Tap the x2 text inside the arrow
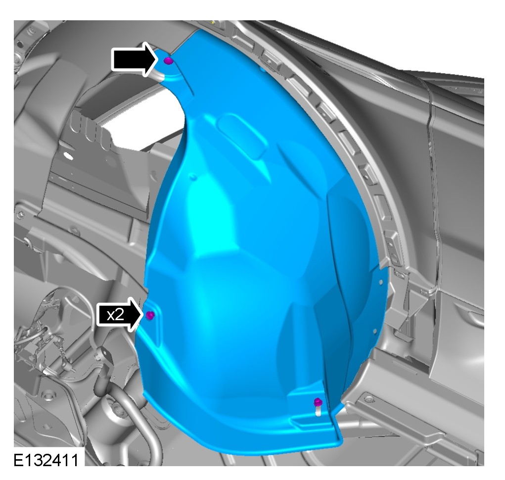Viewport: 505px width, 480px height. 115,314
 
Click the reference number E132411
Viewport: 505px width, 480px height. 46,460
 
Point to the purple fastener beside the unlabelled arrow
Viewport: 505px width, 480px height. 168,60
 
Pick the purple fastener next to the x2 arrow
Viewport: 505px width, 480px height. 150,315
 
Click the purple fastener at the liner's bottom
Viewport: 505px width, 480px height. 318,402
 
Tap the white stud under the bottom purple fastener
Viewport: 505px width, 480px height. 318,411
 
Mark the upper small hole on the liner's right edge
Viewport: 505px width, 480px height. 381,282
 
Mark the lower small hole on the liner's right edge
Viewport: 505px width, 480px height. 375,331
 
